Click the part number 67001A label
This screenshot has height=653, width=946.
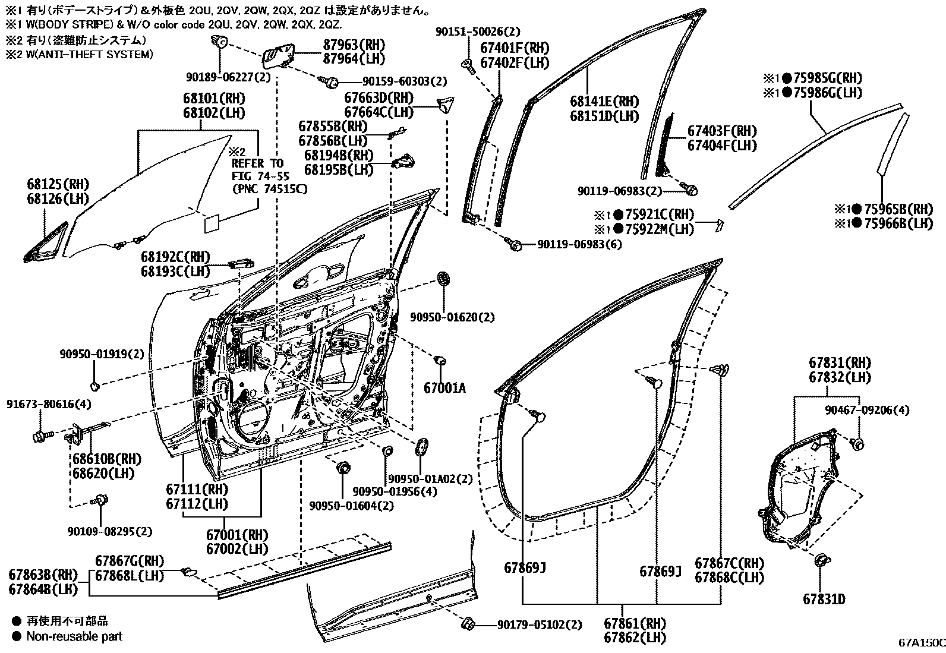click(444, 389)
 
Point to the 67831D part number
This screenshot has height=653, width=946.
click(824, 599)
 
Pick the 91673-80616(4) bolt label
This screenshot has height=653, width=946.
click(49, 404)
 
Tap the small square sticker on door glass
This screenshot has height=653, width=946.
click(212, 225)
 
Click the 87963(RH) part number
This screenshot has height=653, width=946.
click(354, 45)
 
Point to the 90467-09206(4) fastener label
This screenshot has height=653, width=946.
click(867, 410)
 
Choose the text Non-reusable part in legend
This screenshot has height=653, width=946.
click(74, 636)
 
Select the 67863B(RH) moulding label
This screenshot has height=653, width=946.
click(43, 575)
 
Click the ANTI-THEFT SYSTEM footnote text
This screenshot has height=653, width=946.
click(86, 54)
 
